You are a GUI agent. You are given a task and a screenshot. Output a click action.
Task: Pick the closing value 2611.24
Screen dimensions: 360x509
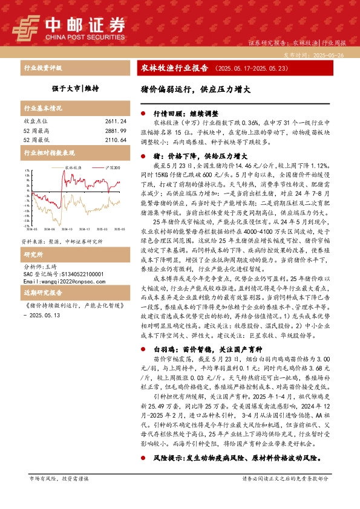115,121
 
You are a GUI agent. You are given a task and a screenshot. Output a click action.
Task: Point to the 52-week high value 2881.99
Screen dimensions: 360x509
115,130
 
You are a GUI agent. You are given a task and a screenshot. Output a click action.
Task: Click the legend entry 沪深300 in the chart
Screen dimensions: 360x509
113,167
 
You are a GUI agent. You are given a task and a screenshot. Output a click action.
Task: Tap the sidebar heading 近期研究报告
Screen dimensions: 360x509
39,292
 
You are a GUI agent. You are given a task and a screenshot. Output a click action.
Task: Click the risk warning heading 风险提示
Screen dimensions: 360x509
169,458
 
